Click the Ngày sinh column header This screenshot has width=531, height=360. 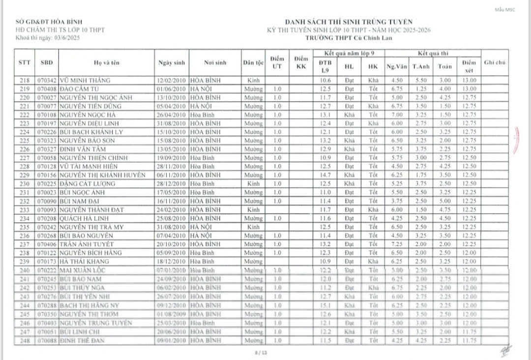coord(172,63)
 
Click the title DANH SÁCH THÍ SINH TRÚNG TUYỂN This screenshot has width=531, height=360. coord(349,22)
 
